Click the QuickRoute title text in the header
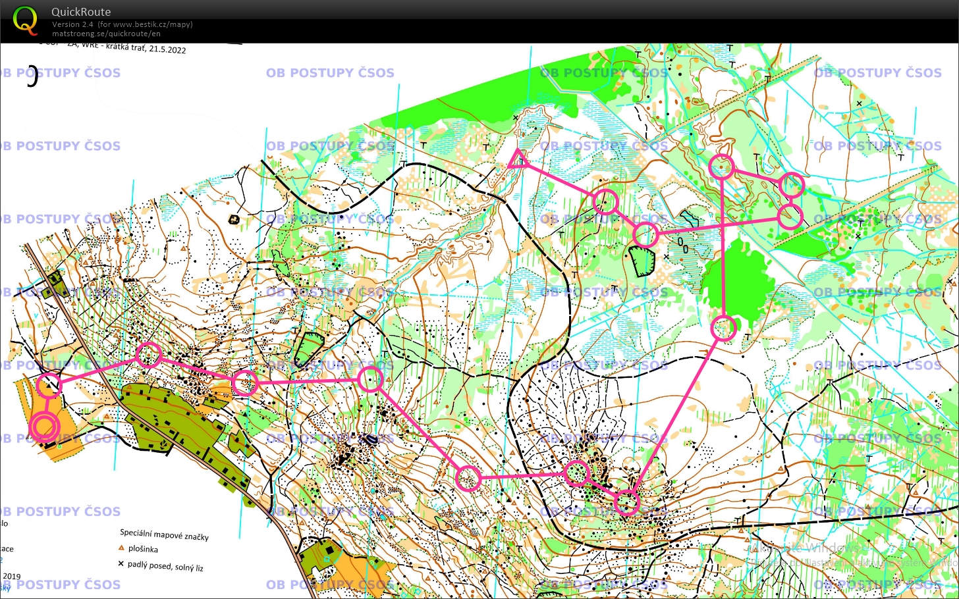pyautogui.click(x=81, y=12)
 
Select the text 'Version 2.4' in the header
pyautogui.click(x=72, y=24)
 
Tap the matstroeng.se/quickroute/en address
pyautogui.click(x=106, y=34)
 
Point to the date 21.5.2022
pyautogui.click(x=167, y=49)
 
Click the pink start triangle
pyautogui.click(x=518, y=159)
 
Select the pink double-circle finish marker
pyautogui.click(x=44, y=427)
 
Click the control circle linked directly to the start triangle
pyautogui.click(x=605, y=202)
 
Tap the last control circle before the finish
pyautogui.click(x=49, y=385)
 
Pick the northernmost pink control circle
pyautogui.click(x=722, y=167)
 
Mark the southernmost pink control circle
pyautogui.click(x=627, y=502)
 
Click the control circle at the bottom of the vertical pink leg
pyautogui.click(x=724, y=328)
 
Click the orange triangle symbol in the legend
pyautogui.click(x=121, y=548)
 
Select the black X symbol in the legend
pyautogui.click(x=121, y=563)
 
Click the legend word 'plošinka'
pyautogui.click(x=143, y=549)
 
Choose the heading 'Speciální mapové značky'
pyautogui.click(x=164, y=534)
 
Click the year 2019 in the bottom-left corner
pyautogui.click(x=12, y=576)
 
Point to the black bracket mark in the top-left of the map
pyautogui.click(x=33, y=77)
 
